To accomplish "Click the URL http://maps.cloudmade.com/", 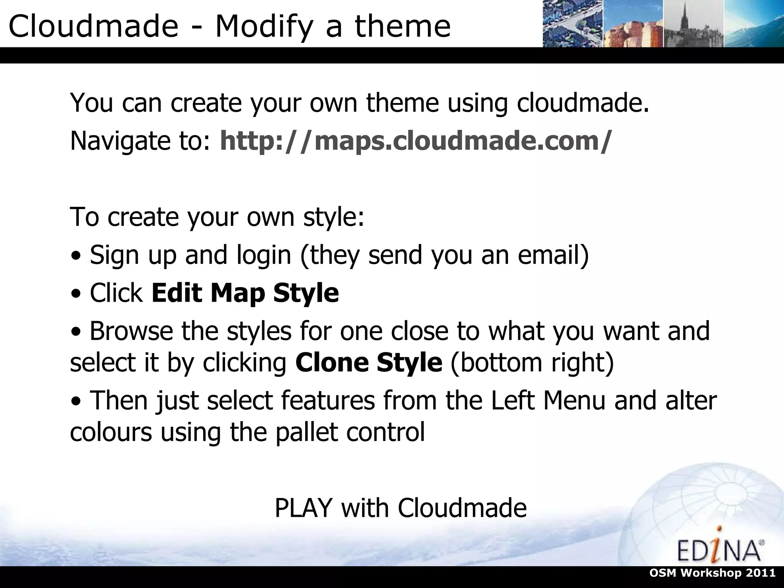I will coord(416,140).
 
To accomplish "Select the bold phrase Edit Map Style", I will coord(245,293).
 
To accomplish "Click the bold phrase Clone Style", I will coord(369,362).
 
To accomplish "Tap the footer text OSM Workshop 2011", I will coord(732,573).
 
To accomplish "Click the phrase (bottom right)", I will coord(532,362).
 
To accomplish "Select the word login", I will coord(264,255).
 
